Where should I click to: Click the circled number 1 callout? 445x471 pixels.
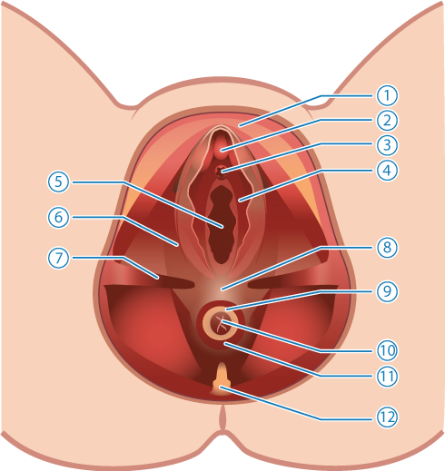click(387, 95)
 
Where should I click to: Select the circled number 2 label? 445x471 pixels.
click(387, 121)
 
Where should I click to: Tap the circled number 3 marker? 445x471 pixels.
click(387, 145)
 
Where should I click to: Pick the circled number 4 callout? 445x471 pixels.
click(387, 171)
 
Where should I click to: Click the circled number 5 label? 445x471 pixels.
click(58, 182)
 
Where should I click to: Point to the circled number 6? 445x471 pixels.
click(58, 217)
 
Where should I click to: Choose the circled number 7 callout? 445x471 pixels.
click(58, 258)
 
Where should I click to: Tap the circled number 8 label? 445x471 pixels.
click(387, 248)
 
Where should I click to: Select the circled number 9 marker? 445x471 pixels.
click(387, 291)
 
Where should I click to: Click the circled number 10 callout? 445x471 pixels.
click(387, 350)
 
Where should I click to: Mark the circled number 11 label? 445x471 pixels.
click(387, 376)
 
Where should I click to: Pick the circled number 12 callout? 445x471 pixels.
click(387, 417)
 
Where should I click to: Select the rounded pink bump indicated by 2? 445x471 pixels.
click(221, 148)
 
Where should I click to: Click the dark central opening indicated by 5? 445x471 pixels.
click(222, 225)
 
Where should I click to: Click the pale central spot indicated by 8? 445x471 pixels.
click(221, 288)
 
